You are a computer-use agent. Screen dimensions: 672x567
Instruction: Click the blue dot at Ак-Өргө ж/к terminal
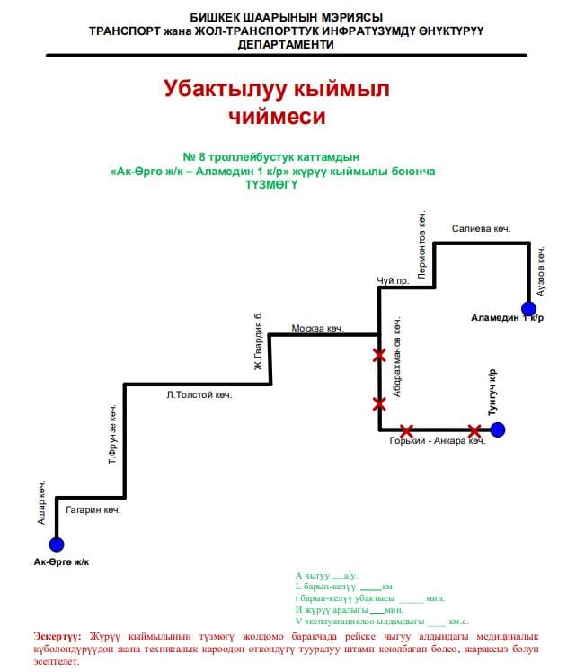tap(57, 544)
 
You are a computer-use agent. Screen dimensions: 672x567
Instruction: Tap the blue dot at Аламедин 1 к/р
tap(528, 309)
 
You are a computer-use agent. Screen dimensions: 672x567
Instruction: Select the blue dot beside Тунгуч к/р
tap(498, 429)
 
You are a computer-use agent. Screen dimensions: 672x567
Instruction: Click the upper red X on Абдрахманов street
tap(379, 356)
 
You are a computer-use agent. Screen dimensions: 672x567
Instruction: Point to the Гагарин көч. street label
tap(93, 509)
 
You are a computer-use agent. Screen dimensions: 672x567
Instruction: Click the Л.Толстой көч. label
tap(199, 394)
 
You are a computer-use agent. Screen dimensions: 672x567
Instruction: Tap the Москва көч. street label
tap(318, 328)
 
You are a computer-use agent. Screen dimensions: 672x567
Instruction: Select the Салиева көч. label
tap(481, 229)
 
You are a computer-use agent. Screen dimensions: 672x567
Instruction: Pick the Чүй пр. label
tap(393, 280)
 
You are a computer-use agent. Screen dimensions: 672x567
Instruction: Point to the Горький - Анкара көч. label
tap(438, 441)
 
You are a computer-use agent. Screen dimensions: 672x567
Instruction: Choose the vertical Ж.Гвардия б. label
tap(258, 341)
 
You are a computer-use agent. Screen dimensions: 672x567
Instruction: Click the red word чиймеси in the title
tap(276, 116)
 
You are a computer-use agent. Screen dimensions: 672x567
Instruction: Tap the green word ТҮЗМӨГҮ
tap(271, 184)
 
